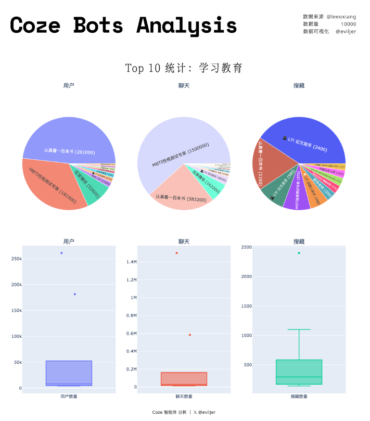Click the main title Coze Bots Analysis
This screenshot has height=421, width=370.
(x=123, y=25)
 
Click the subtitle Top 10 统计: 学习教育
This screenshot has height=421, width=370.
(x=184, y=68)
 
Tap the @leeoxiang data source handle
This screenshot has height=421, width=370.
(x=341, y=17)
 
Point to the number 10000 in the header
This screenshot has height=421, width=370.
(x=348, y=24)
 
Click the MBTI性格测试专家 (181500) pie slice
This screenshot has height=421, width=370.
(x=57, y=185)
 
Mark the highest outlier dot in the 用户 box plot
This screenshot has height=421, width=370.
(x=61, y=253)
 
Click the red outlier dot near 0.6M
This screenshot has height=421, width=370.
(x=190, y=335)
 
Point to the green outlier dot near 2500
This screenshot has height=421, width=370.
(x=299, y=253)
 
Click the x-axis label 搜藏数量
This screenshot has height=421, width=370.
(x=299, y=397)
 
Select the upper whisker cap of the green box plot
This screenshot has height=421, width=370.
(x=299, y=329)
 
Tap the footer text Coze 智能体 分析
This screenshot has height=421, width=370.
(x=169, y=412)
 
